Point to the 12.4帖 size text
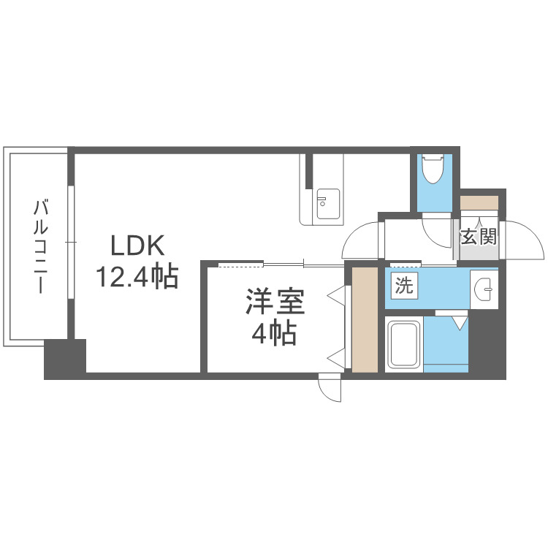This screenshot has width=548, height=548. [137, 277]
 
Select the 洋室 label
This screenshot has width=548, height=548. [274, 303]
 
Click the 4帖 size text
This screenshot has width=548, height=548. [274, 334]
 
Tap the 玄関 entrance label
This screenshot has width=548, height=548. [479, 237]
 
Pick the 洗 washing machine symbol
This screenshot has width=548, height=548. [404, 286]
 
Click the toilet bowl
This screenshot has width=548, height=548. [434, 170]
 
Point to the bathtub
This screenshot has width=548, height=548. [403, 344]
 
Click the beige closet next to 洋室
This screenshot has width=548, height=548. [364, 320]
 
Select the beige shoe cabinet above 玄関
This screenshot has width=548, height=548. [479, 202]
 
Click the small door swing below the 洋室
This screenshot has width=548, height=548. [331, 388]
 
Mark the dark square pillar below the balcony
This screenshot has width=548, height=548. [64, 358]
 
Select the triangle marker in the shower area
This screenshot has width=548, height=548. [459, 321]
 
